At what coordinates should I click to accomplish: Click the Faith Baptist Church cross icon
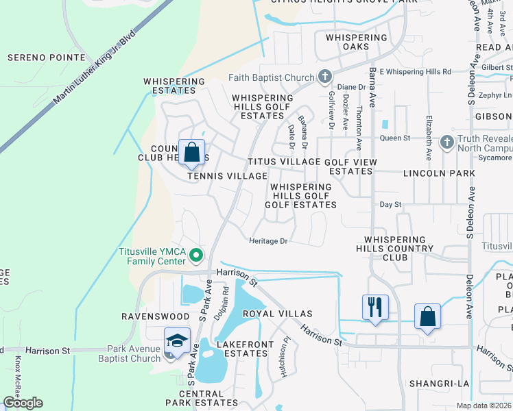(x=324, y=77)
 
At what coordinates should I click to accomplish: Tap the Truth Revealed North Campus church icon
(x=446, y=142)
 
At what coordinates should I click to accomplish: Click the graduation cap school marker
(x=177, y=340)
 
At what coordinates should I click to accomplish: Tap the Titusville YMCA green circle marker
(x=196, y=256)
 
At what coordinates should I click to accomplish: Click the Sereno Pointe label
(x=47, y=58)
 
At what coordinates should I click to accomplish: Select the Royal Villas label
(x=277, y=314)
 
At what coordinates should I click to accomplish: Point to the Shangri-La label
(x=436, y=383)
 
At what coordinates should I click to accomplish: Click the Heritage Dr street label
(x=267, y=241)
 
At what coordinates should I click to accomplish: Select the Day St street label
(x=390, y=205)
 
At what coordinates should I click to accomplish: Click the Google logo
(x=23, y=403)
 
